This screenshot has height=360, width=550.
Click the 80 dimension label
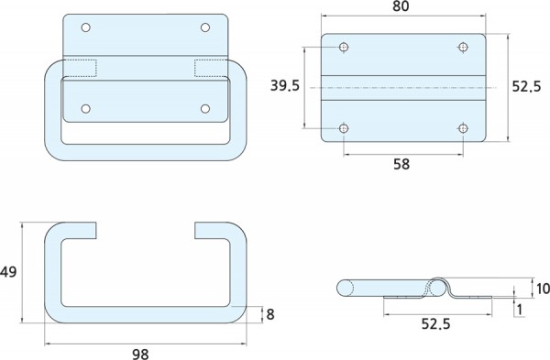401,6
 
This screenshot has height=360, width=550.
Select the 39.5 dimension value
285,85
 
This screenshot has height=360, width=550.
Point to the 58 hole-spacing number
401,164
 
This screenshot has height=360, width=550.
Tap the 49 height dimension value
8,272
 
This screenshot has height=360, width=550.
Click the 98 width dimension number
140,354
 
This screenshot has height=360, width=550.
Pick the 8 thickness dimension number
270,314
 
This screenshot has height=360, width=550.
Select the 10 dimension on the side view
543,289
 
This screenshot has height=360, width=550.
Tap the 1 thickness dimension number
520,310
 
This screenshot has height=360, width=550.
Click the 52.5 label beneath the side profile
435,324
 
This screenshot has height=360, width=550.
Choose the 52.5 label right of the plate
526,86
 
